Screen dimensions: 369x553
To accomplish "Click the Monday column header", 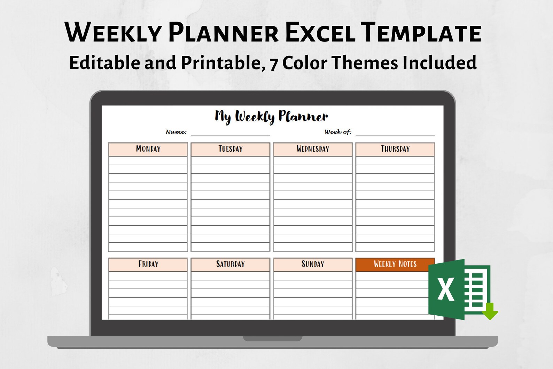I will [148, 149].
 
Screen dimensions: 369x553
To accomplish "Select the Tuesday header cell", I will [230, 149].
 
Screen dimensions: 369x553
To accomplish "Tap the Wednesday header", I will [313, 149].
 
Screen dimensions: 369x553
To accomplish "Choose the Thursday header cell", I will [395, 149].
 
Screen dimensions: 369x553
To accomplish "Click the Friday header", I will [148, 264].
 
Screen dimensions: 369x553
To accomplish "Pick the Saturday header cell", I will [230, 264].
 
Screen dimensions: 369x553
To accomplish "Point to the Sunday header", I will [313, 264].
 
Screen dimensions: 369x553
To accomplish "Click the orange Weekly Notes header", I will [395, 264].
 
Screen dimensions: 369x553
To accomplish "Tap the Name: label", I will [176, 132].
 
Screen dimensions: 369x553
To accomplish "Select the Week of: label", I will [338, 132].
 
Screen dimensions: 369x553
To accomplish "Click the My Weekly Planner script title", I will [271, 116].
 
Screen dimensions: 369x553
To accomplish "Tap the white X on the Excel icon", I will [446, 289].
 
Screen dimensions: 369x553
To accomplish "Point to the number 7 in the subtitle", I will [274, 64].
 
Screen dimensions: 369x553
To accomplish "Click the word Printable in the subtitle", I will [220, 63].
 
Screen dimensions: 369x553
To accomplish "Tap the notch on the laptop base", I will [272, 339].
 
